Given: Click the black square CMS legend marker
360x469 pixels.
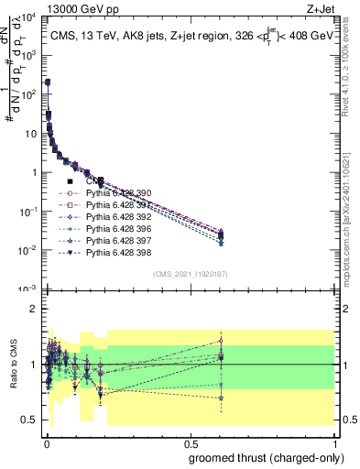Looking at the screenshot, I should pos(71,182).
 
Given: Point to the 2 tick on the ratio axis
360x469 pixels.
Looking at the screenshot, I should pos(37,309).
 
